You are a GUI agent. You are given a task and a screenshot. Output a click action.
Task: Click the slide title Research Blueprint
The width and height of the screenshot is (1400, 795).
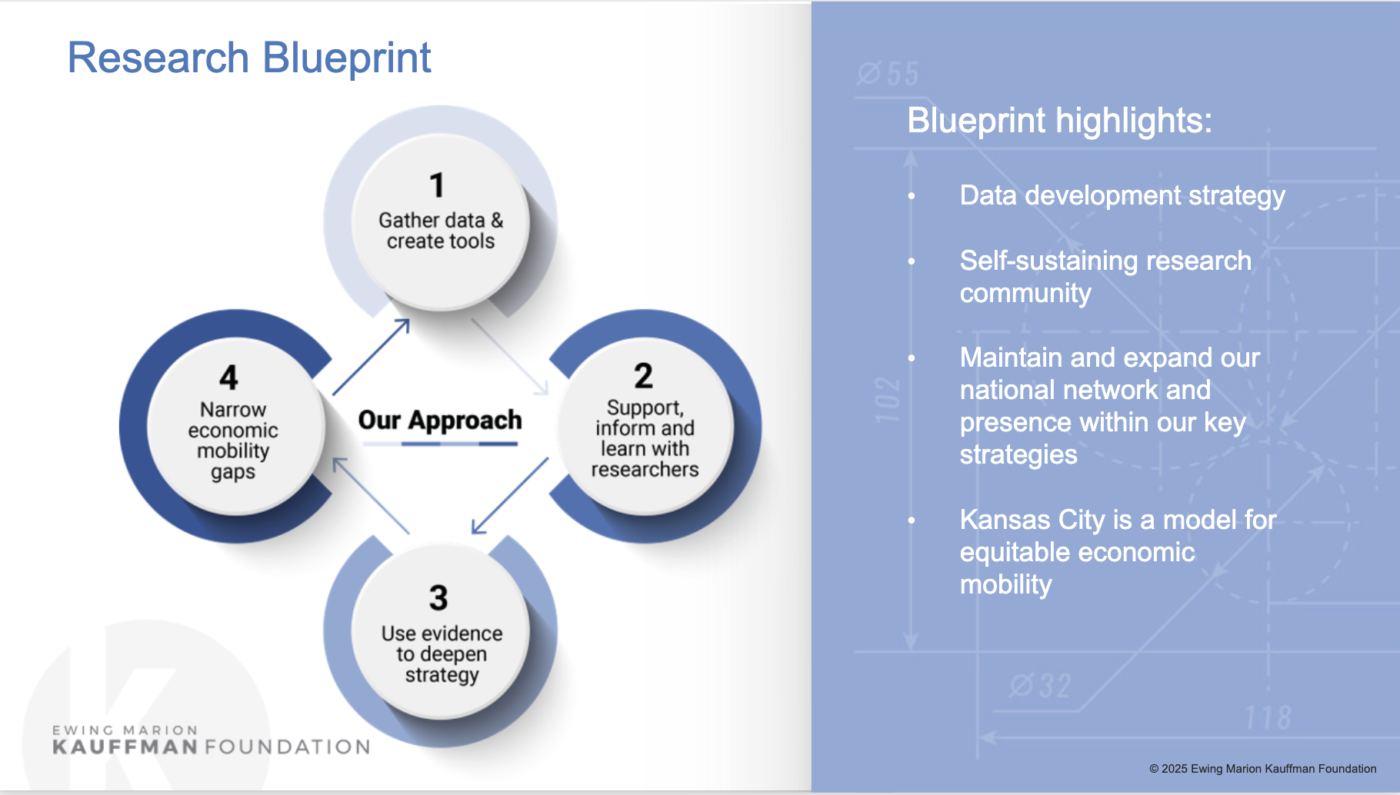[249, 58]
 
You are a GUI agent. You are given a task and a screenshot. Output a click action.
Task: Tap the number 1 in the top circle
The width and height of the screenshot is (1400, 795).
[437, 185]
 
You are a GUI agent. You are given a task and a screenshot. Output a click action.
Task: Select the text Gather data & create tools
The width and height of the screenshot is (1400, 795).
[441, 231]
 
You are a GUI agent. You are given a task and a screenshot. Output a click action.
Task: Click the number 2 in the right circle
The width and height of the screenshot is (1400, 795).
[644, 376]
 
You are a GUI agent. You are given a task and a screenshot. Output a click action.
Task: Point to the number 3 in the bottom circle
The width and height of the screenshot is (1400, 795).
[438, 597]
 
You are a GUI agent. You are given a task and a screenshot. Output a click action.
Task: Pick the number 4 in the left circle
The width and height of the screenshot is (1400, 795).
[228, 378]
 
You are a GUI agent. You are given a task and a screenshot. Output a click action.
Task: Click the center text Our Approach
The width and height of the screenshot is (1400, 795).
[440, 421]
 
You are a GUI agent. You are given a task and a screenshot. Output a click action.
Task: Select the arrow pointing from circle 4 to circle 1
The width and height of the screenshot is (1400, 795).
[371, 357]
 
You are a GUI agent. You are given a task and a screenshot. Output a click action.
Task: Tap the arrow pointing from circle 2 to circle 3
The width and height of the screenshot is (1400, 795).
[509, 496]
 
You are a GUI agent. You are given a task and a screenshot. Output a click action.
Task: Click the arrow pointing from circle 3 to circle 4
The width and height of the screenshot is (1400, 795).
[370, 495]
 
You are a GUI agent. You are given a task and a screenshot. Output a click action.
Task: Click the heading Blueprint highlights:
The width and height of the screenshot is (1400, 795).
[1059, 121]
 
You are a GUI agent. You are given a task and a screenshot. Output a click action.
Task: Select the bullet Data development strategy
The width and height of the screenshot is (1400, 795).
[1122, 195]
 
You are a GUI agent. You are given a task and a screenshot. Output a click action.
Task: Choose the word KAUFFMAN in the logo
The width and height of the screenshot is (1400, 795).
[125, 747]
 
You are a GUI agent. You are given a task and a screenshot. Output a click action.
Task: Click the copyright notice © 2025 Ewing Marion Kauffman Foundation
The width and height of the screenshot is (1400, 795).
[1262, 769]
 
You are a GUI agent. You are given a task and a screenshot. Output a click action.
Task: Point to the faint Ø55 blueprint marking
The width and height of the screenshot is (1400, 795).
[888, 74]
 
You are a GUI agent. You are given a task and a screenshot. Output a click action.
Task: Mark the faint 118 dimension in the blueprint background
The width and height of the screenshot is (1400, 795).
[1268, 718]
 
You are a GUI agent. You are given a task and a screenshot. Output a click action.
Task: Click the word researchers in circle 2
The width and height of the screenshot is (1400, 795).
[645, 470]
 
